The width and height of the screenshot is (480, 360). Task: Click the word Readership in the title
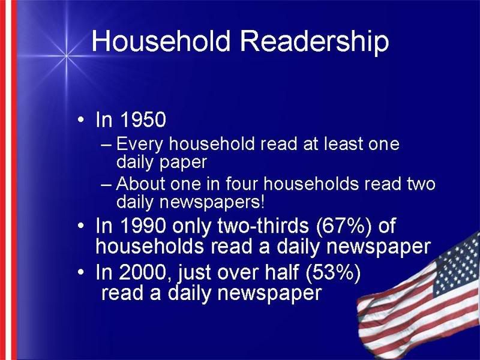click(x=314, y=43)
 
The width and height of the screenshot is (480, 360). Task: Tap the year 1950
click(x=143, y=119)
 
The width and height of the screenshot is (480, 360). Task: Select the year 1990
click(x=143, y=226)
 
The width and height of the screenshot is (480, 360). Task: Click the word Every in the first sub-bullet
click(x=140, y=145)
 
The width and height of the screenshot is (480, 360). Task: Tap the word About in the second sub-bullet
click(x=140, y=184)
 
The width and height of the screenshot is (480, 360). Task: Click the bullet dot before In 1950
click(x=80, y=119)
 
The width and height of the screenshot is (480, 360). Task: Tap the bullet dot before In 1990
click(x=80, y=226)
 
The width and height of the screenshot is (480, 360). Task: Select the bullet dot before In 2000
click(x=80, y=272)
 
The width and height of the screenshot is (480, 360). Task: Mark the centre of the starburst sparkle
click(x=67, y=56)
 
